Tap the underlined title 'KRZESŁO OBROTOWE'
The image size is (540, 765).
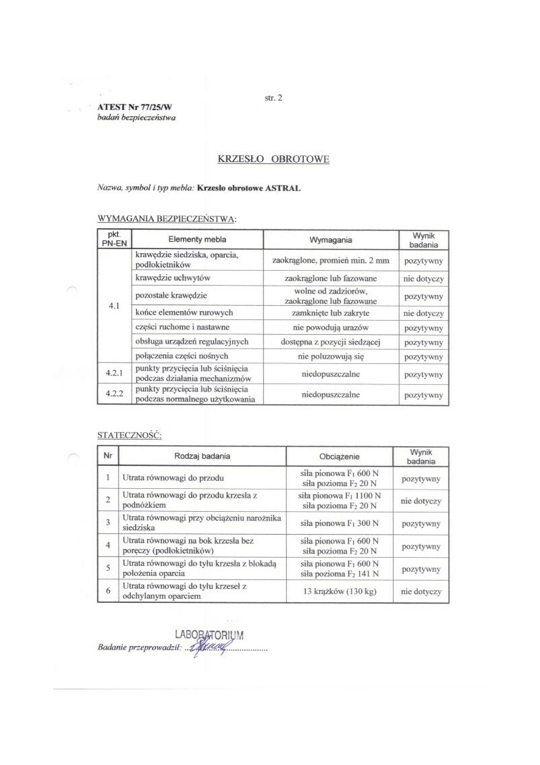[273, 159]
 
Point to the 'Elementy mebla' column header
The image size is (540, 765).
[197, 240]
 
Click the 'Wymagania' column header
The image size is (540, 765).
[331, 240]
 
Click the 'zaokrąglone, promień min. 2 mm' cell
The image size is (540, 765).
[331, 260]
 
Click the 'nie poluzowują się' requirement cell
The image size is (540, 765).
[331, 357]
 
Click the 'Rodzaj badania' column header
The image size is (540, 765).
[202, 456]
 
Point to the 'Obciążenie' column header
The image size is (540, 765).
[340, 457]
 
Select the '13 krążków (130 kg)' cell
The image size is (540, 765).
[340, 591]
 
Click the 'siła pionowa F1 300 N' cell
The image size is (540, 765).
[340, 523]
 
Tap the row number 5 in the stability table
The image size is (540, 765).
[108, 569]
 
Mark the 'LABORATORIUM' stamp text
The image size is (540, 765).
[209, 635]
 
